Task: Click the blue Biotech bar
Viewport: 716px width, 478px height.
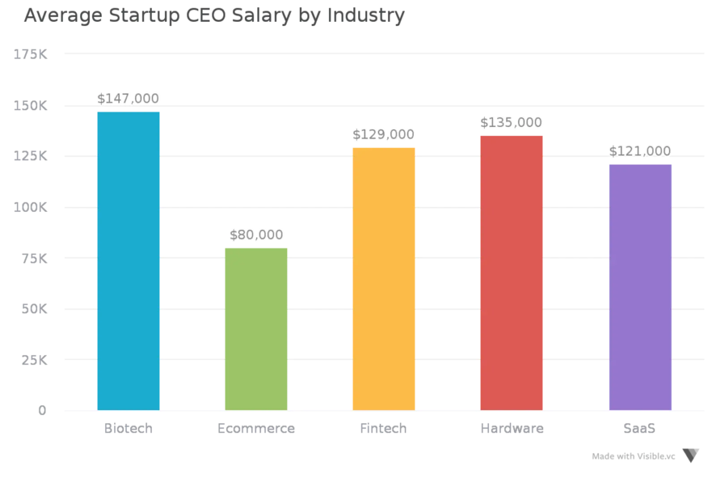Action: tap(129, 260)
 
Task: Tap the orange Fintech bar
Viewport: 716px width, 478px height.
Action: tap(384, 278)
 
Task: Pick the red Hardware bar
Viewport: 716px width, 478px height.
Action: tap(512, 271)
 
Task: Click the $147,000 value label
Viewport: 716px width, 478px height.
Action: tap(128, 99)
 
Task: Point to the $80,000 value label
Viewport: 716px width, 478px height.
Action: tap(256, 235)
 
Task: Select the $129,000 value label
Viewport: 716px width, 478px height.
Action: tap(384, 134)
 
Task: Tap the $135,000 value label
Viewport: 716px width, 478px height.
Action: tap(511, 122)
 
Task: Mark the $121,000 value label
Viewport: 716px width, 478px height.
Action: tap(640, 151)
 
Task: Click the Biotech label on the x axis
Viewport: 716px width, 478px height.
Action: tap(128, 428)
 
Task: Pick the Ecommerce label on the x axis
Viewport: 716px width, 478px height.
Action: tap(257, 428)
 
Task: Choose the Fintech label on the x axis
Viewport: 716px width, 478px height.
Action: tap(383, 428)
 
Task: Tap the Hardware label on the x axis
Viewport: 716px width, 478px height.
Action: tap(512, 428)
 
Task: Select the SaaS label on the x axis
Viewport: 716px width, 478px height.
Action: tap(640, 428)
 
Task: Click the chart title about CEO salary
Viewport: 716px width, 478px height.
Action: tap(214, 16)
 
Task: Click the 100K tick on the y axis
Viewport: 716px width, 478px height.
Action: tap(30, 208)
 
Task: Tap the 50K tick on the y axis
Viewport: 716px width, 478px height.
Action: tap(34, 309)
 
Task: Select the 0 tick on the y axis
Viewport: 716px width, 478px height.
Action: tap(42, 410)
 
